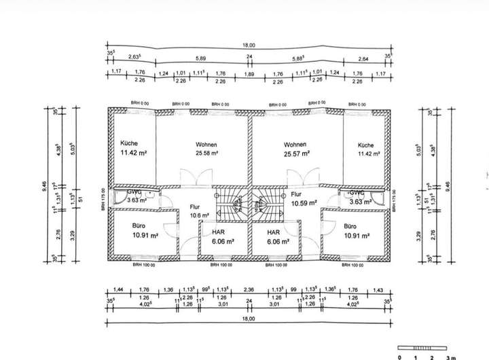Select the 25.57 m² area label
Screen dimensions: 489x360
pos(296,154)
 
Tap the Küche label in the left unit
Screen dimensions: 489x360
pos(129,144)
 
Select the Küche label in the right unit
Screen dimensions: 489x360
pos(366,145)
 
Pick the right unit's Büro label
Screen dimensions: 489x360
pos(350,226)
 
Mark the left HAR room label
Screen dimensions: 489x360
pos(209,232)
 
